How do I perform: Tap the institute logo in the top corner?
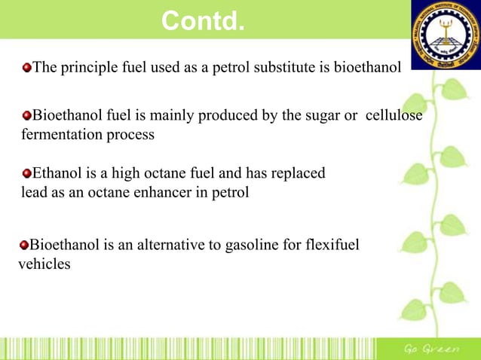(444, 35)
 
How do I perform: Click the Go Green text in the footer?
(430, 349)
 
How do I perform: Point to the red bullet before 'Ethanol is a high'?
(27, 173)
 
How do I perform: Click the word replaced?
(299, 173)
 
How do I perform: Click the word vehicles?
(44, 264)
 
